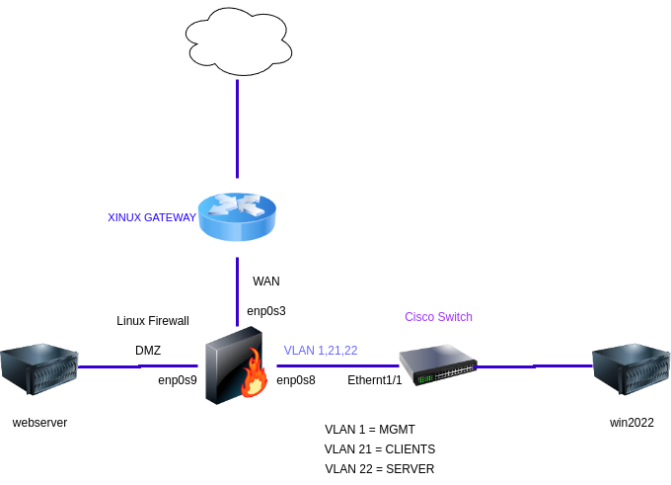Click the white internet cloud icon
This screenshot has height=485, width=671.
coord(238,41)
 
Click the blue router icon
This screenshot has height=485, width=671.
coord(237,217)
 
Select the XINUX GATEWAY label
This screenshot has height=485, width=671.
coord(152,217)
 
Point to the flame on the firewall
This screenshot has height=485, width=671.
coord(256,376)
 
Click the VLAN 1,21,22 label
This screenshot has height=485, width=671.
coord(320,351)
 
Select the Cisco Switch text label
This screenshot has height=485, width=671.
coord(438,317)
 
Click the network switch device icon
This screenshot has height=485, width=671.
coord(437,364)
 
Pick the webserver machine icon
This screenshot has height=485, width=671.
coord(39,367)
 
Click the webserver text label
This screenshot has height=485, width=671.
coord(39,423)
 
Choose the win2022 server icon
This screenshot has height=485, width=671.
coord(632,367)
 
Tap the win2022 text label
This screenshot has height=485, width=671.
coord(632,423)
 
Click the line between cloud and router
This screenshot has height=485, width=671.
coord(237,128)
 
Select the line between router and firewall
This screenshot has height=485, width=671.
coord(237,291)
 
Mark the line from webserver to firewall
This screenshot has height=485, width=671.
coord(138,366)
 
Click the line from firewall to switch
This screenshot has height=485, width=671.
coord(335,365)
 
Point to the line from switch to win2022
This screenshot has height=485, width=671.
coord(533,366)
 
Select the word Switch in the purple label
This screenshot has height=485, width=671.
coord(455,317)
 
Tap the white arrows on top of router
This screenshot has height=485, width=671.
coord(237,204)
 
